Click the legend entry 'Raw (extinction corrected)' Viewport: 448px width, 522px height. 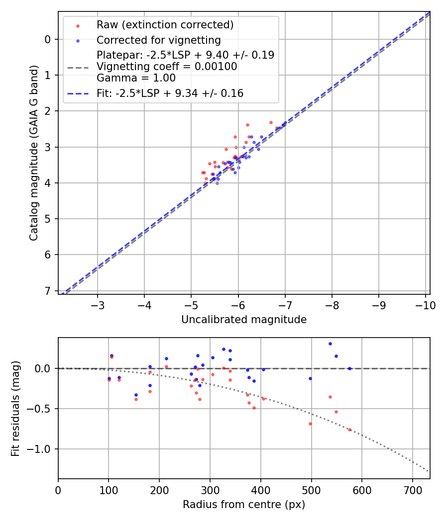point(165,25)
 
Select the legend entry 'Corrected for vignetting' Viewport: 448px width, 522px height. point(159,40)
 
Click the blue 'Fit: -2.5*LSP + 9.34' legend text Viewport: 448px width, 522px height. point(170,93)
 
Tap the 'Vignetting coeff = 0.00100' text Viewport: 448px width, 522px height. point(167,66)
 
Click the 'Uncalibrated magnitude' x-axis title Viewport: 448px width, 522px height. point(244,320)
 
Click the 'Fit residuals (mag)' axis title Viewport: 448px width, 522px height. point(15,408)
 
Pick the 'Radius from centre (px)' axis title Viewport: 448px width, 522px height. point(244,505)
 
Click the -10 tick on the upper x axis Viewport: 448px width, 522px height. point(426,304)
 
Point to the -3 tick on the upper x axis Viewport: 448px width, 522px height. point(98,304)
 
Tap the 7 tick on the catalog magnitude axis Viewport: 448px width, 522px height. point(48,290)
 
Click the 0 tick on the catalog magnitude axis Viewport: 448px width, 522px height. point(48,39)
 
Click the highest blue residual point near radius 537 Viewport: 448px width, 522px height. point(330,344)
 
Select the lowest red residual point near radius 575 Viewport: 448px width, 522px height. point(349,430)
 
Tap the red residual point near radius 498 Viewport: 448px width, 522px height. point(310,424)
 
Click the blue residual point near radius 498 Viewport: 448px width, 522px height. point(310,378)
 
